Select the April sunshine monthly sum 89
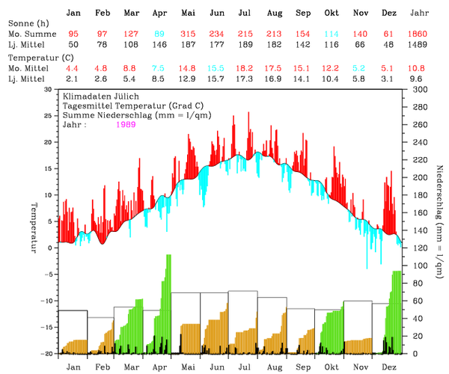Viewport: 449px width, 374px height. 159,34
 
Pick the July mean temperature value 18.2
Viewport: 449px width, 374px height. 245,68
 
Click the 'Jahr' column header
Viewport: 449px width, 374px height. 420,13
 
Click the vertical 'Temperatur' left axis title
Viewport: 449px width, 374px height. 34,227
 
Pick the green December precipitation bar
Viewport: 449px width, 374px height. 397,307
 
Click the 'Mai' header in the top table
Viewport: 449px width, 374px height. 188,13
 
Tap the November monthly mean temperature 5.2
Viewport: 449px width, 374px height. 360,68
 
